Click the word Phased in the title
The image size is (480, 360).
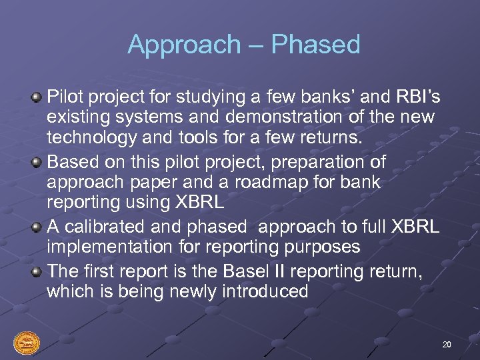[x=315, y=45]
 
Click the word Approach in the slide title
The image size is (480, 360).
[x=183, y=45]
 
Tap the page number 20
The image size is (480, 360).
[x=446, y=344]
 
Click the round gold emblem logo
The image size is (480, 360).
[x=26, y=343]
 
